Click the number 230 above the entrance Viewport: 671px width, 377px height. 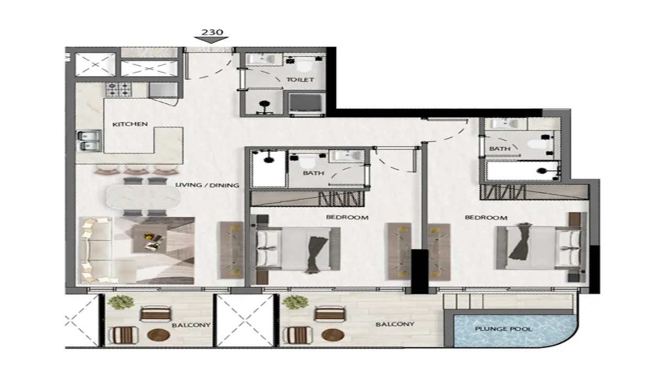click(212, 32)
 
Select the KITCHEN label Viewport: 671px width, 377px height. click(130, 124)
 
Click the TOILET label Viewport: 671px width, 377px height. click(300, 80)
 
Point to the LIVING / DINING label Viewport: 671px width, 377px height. click(207, 185)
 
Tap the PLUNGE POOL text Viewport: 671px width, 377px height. click(503, 329)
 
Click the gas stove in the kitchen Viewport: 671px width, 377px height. click(120, 89)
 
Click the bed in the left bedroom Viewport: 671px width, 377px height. click(298, 249)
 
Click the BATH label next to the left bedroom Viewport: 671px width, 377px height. click(313, 173)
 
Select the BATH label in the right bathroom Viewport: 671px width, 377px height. click(500, 149)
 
